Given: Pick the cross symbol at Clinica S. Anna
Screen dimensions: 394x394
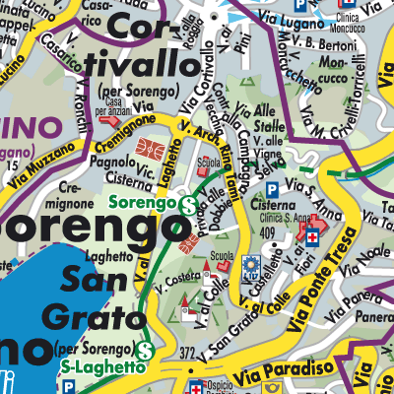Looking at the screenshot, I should click(x=312, y=238).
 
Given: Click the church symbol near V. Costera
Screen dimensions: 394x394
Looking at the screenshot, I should click(x=186, y=312).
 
